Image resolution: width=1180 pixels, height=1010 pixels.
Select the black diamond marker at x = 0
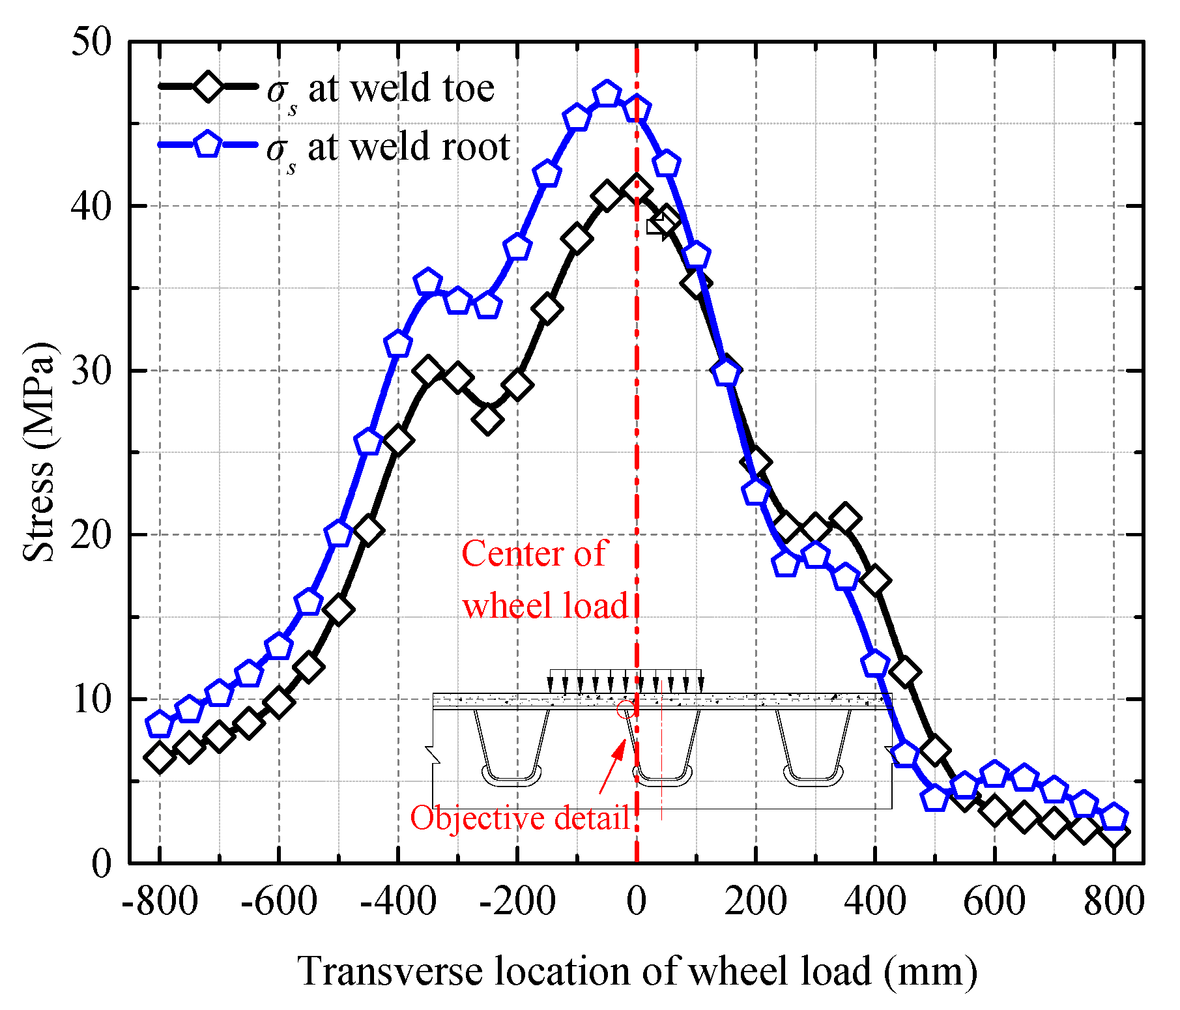click(637, 189)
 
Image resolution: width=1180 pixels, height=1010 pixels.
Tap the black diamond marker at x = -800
click(160, 757)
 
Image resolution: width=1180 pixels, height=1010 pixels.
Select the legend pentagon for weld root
click(208, 144)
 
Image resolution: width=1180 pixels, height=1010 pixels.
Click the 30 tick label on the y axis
click(91, 370)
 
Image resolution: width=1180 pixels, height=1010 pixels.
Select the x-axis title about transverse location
click(637, 972)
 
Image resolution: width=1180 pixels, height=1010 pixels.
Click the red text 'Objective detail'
click(519, 817)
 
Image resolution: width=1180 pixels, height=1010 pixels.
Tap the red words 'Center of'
click(534, 554)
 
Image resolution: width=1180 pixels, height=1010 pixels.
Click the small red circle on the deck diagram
click(625, 709)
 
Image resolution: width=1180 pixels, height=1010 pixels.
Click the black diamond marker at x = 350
click(845, 519)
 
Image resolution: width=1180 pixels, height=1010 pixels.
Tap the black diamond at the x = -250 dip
click(488, 420)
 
